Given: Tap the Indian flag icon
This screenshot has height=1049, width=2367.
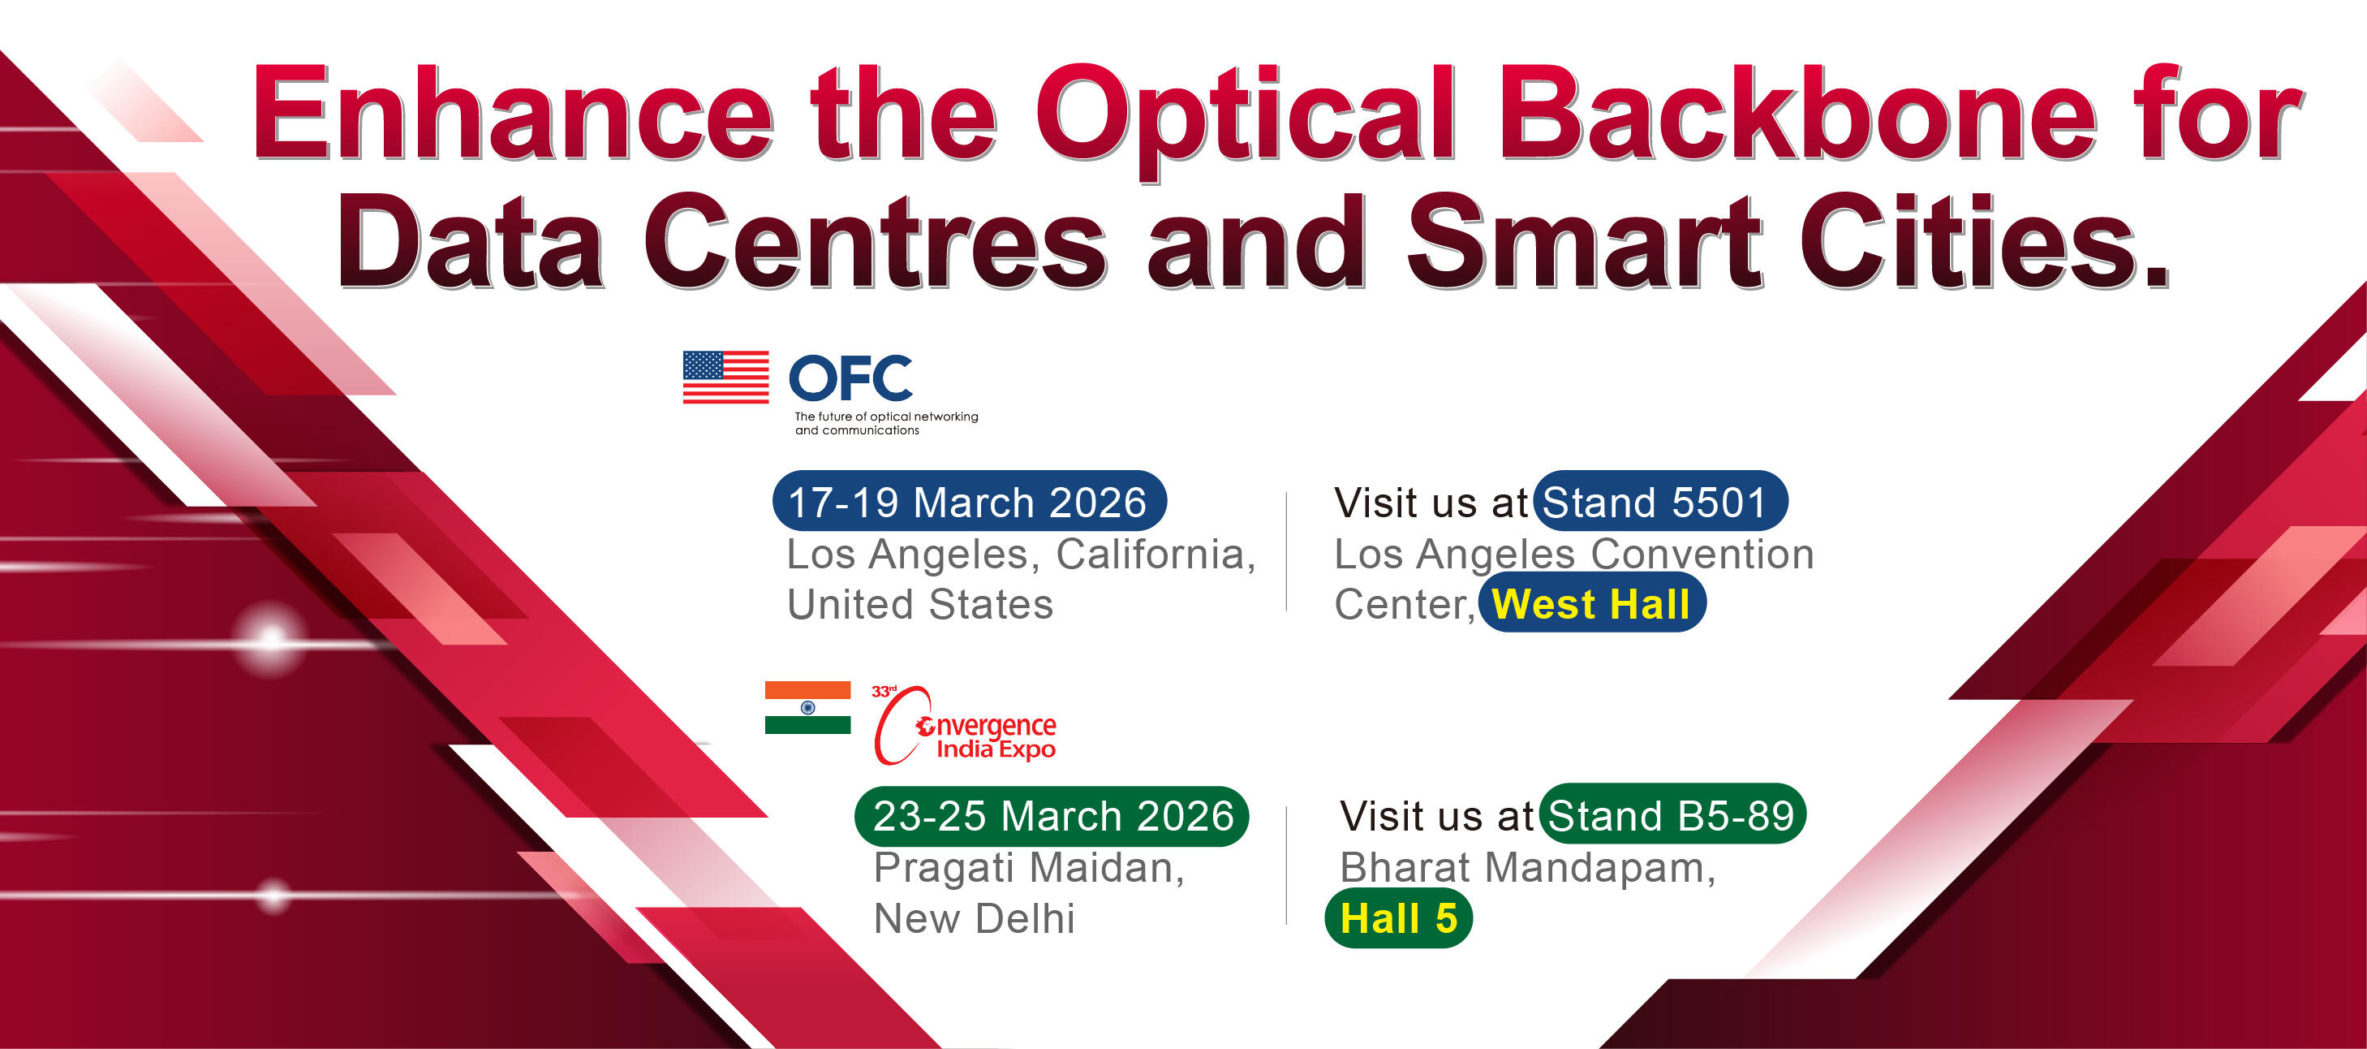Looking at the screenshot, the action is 807,707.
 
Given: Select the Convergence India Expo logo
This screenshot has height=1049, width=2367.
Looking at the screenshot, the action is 965,725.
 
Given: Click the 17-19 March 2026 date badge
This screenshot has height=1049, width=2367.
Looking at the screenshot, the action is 970,501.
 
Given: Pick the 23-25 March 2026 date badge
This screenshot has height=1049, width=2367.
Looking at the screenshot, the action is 1052,815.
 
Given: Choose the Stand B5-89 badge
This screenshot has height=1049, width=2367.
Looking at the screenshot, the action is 1672,814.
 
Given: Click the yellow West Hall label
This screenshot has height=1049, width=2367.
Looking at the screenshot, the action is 1591,603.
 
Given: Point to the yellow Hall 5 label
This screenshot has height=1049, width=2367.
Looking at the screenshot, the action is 1398,917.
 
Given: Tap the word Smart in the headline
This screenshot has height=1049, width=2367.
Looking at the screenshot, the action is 1584,242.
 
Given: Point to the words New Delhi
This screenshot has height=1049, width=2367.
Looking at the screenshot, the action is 974,917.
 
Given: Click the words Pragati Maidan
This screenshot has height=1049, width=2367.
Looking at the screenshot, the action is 1028,869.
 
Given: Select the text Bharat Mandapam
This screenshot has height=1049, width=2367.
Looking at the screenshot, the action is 1526,869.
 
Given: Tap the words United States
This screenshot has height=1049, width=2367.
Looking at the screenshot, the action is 920,604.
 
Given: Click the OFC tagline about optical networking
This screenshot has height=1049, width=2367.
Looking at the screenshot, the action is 886,423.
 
